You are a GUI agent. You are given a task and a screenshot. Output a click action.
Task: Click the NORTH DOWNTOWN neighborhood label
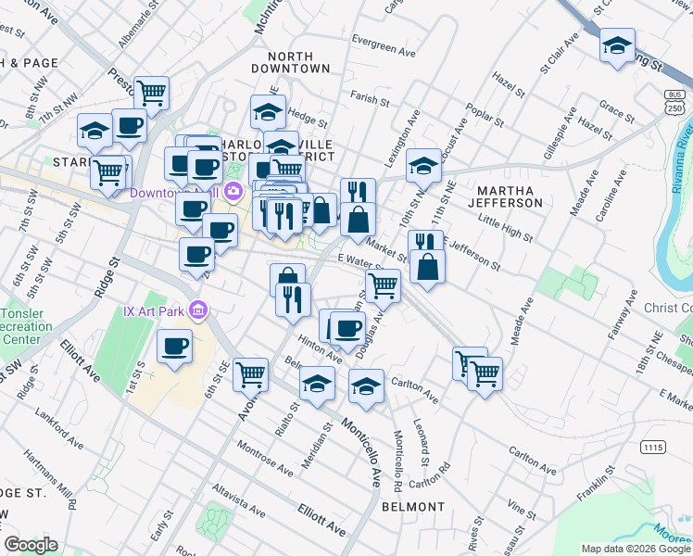click(x=292, y=62)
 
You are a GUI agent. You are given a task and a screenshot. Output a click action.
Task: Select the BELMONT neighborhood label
click(x=412, y=507)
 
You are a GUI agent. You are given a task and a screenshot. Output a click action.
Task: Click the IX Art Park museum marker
click(x=197, y=309)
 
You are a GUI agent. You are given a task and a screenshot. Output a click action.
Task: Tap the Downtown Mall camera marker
click(x=233, y=192)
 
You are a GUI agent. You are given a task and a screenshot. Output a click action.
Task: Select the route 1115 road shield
click(x=652, y=447)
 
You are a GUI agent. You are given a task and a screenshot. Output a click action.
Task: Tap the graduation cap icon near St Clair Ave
click(x=617, y=46)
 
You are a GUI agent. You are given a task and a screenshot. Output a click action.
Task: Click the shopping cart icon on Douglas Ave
click(x=383, y=285)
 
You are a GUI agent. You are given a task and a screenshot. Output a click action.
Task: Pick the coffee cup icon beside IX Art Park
click(x=174, y=347)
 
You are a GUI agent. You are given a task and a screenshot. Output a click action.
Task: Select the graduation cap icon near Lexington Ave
click(x=422, y=166)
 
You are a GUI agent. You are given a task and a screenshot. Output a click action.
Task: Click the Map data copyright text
click(x=635, y=549)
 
